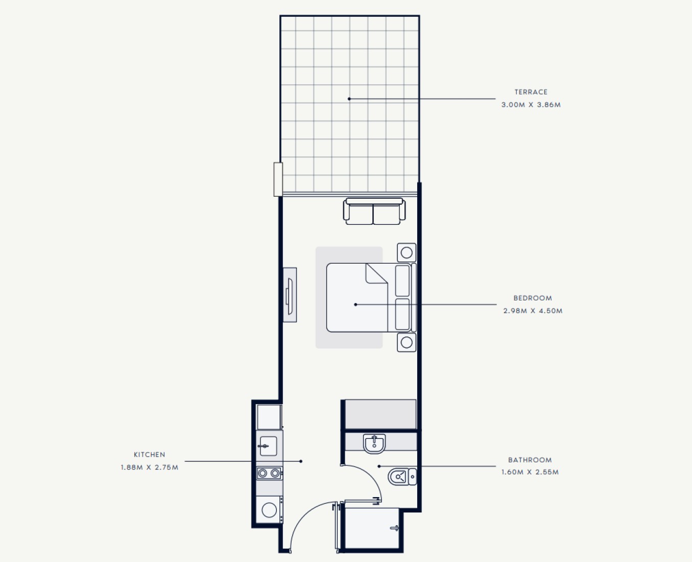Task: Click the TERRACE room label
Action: pyautogui.click(x=531, y=92)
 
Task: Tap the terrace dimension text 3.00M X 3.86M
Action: pyautogui.click(x=531, y=105)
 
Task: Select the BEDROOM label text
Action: pyautogui.click(x=533, y=298)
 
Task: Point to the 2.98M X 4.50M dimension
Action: pyautogui.click(x=533, y=311)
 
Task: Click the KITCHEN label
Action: pyautogui.click(x=150, y=454)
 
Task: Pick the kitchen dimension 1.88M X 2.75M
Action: pyautogui.click(x=150, y=467)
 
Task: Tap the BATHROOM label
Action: pyautogui.click(x=530, y=460)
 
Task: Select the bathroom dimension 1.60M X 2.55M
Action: pyautogui.click(x=530, y=472)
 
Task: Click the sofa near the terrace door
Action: pyautogui.click(x=374, y=212)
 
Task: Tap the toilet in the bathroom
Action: pyautogui.click(x=402, y=477)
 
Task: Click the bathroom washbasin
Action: pyautogui.click(x=374, y=443)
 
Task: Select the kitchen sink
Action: pyautogui.click(x=268, y=446)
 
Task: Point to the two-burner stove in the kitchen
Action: pyautogui.click(x=269, y=473)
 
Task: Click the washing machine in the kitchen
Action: pyautogui.click(x=269, y=510)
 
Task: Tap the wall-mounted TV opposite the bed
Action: pyautogui.click(x=290, y=295)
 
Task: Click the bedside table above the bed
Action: pyautogui.click(x=407, y=252)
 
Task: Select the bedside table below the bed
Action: pyautogui.click(x=407, y=342)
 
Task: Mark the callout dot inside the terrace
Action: pyautogui.click(x=349, y=99)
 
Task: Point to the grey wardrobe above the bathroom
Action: pyautogui.click(x=380, y=414)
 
